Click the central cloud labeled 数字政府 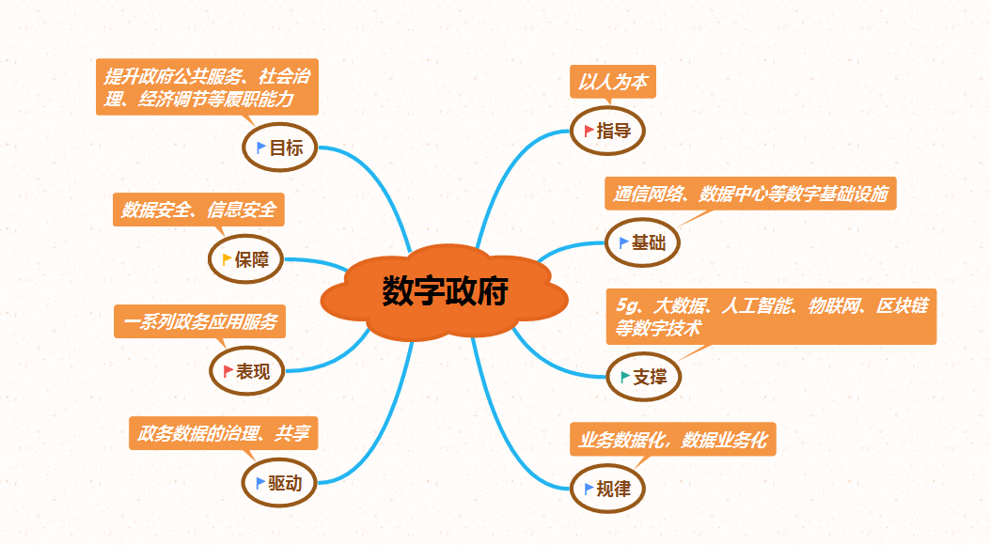(445, 292)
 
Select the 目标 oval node (279, 148)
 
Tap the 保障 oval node (245, 259)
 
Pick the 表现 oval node (245, 372)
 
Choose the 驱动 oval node (279, 484)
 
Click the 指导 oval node (607, 131)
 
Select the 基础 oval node (642, 243)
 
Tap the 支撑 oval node (643, 377)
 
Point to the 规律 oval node (607, 489)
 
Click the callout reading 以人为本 (612, 82)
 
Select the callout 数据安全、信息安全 (198, 210)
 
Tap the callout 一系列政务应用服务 (200, 322)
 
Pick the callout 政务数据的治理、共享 (223, 434)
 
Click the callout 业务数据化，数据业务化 (672, 439)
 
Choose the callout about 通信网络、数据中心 (749, 195)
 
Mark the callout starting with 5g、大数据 (771, 316)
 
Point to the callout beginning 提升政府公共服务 (207, 86)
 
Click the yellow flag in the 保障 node (227, 258)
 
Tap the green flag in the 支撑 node (625, 376)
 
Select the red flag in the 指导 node (589, 130)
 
